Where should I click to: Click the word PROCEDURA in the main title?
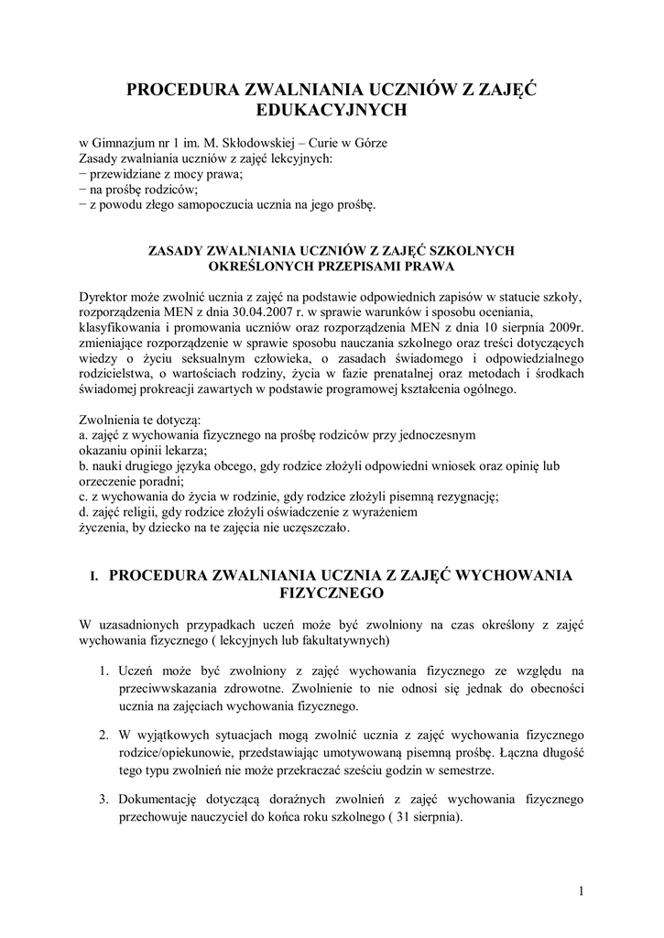click(x=180, y=90)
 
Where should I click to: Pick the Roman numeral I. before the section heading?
click(x=93, y=576)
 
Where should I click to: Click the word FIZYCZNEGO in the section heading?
click(x=332, y=594)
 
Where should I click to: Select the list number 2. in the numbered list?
click(x=106, y=735)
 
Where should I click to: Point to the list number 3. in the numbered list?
click(x=106, y=799)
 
